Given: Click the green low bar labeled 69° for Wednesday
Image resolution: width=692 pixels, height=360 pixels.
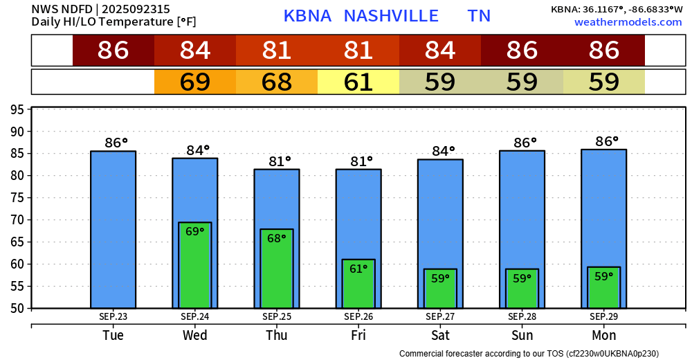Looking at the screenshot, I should pos(195,267).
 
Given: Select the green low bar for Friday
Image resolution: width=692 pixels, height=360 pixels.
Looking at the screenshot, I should pos(358,284).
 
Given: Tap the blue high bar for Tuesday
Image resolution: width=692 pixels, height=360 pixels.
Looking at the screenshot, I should pos(113,228).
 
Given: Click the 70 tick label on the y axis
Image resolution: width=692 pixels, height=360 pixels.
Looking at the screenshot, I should pos(19,219).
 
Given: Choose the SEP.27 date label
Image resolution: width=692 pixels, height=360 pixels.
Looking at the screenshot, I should pos(440,316).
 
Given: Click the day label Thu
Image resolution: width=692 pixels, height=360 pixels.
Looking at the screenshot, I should pos(277,335).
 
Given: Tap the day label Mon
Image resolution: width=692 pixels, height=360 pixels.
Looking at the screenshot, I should pos(603,335).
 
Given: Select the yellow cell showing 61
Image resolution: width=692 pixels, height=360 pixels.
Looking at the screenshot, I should pos(358,82).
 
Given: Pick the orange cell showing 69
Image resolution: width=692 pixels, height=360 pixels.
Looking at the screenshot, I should pos(195,82).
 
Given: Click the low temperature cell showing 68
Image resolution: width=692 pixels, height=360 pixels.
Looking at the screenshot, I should pos(277,82).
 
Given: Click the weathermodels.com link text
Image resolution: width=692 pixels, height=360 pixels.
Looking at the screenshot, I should pos(628,22).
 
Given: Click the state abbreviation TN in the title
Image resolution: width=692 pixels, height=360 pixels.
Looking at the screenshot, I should pos(479,16).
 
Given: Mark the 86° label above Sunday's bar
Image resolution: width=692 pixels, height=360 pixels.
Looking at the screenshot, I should pos(525,143).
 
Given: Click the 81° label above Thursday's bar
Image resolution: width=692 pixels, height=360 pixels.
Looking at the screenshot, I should pos(280,161).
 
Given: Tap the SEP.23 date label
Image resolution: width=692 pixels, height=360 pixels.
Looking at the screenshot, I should pos(113,316).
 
